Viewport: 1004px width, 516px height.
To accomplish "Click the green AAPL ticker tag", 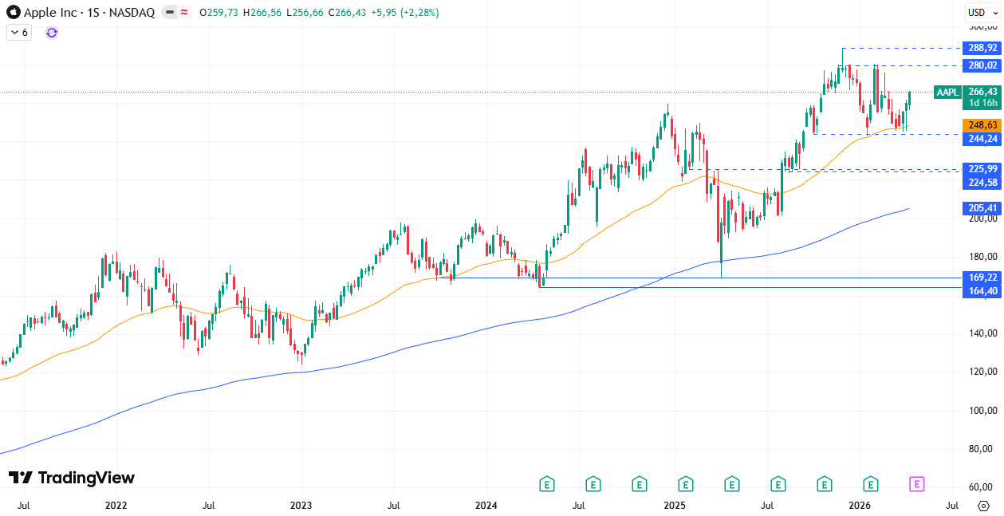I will pyautogui.click(x=947, y=93).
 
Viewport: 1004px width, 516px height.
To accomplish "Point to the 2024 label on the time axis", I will pyautogui.click(x=486, y=505).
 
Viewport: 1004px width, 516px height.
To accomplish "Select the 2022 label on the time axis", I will pyautogui.click(x=116, y=505).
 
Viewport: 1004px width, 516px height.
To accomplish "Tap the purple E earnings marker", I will pyautogui.click(x=917, y=483).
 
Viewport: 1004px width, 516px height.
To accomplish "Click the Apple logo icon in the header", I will pyautogui.click(x=14, y=13).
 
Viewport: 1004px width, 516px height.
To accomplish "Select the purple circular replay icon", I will pyautogui.click(x=52, y=33).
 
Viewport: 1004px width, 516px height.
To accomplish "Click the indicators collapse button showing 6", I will pyautogui.click(x=19, y=33).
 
